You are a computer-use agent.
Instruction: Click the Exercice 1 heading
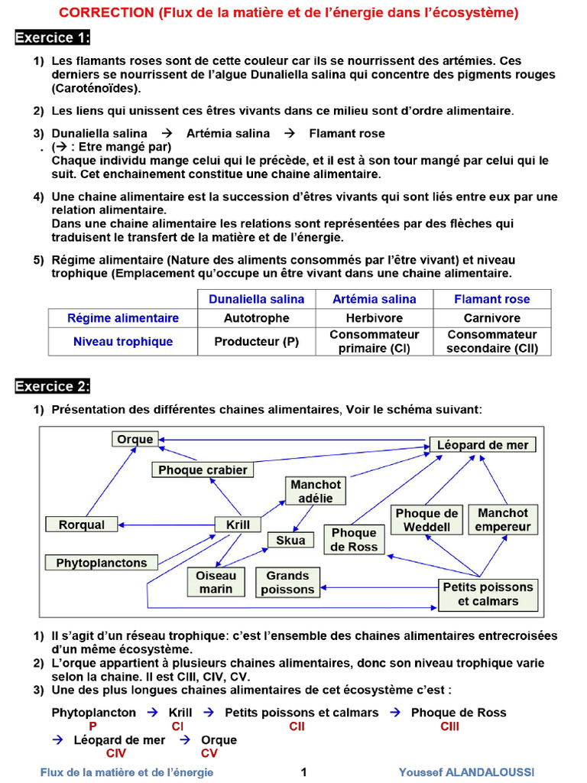pos(52,37)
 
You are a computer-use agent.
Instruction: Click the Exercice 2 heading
pos(52,386)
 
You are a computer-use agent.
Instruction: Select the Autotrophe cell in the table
pos(256,318)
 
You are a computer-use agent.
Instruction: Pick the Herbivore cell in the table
pos(375,318)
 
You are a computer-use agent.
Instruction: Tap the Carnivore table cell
pos(491,318)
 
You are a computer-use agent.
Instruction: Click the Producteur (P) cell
pos(256,342)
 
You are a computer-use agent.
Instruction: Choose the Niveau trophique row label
pos(123,342)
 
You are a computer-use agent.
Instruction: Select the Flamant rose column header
pos(491,299)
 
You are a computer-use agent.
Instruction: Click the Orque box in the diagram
pos(135,439)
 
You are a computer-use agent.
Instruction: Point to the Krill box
pos(238,525)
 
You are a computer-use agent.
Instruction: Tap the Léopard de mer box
pos(482,444)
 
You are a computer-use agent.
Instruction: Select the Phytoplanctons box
pos(102,563)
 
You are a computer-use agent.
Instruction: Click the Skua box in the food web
pos(290,541)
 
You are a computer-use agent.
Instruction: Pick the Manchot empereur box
pos(503,520)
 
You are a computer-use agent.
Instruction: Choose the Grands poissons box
pos(287,583)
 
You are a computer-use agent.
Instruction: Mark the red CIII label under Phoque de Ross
pos(449,726)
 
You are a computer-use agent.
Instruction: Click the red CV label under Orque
pos(209,753)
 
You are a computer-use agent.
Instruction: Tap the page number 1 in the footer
pos(303,772)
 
